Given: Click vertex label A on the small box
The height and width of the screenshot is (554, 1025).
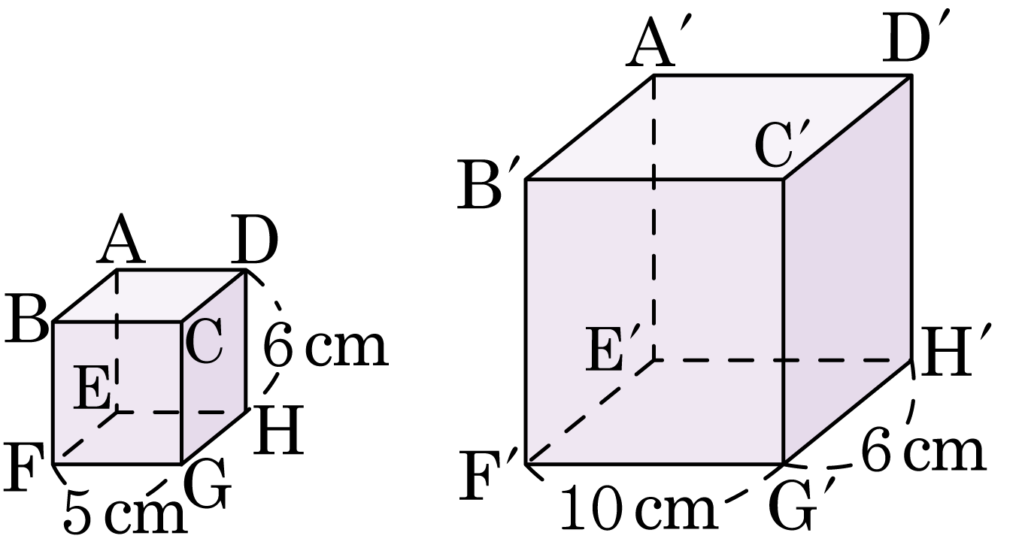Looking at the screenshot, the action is click(121, 239).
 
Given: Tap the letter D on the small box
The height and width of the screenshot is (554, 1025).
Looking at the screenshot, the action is click(254, 240).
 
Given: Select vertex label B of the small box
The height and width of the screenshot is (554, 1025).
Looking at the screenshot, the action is click(26, 319).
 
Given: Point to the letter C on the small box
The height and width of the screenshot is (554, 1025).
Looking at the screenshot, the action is click(205, 340).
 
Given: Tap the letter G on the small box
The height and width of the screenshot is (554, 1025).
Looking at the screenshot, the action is click(208, 483).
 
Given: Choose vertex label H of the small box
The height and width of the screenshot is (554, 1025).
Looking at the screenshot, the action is click(278, 429).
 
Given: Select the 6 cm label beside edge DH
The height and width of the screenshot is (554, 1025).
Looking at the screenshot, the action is click(326, 344).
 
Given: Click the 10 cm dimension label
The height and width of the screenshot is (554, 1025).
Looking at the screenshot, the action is click(638, 507).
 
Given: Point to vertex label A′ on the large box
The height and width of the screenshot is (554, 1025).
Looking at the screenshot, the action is click(658, 41).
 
